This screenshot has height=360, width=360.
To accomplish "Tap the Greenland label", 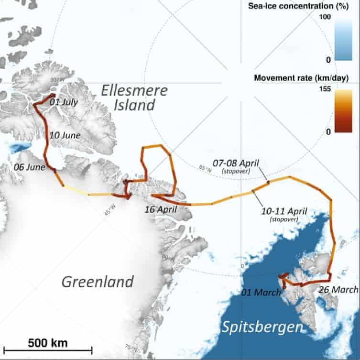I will tap(98, 282).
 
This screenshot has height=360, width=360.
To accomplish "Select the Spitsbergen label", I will tap(262, 328).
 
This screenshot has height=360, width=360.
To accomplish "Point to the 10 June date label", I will tap(65, 135).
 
